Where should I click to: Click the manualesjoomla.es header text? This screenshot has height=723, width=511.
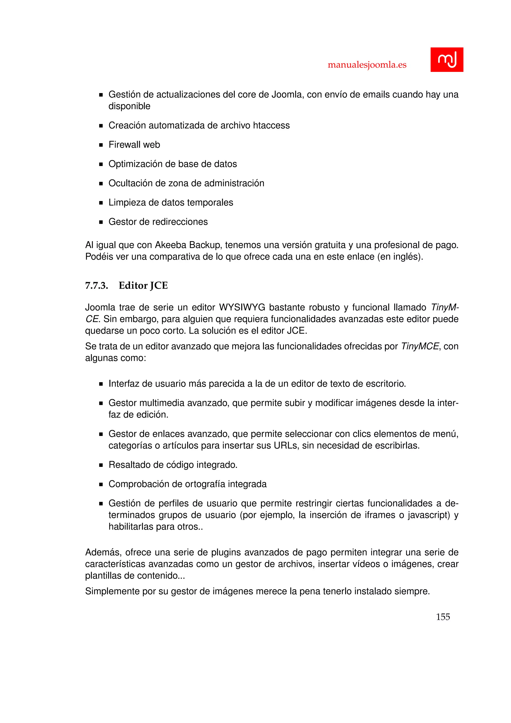(x=367, y=65)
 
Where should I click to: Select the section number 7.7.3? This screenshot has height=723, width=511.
(x=97, y=286)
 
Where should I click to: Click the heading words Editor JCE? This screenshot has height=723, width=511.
(x=143, y=286)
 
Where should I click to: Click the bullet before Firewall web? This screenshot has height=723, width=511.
(x=101, y=145)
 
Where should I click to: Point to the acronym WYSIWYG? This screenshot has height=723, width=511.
(x=242, y=307)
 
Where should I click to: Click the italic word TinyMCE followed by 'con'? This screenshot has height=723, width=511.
(x=420, y=346)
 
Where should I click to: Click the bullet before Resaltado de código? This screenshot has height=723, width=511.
(x=101, y=465)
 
